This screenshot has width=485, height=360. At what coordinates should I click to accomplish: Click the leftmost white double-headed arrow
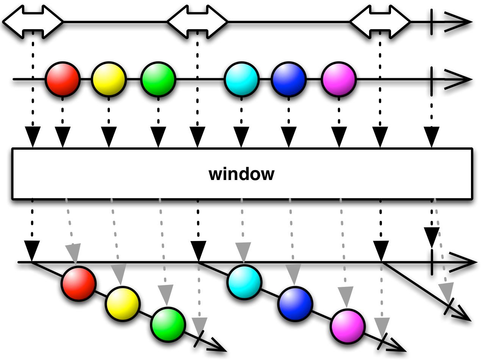[33, 22]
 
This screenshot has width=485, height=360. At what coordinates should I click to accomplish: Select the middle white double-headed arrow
[197, 22]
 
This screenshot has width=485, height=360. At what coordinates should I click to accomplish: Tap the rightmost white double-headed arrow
[380, 22]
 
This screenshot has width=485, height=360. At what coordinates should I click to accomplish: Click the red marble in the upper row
[63, 79]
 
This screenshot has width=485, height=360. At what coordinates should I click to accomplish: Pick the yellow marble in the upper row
[109, 79]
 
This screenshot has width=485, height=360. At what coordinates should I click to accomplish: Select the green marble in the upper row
[158, 79]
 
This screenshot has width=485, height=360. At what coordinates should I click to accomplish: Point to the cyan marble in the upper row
[242, 79]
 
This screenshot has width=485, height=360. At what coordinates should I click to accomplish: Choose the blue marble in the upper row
[289, 79]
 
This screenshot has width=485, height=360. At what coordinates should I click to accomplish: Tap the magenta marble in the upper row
[339, 79]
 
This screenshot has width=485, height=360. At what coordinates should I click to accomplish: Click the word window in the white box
[241, 174]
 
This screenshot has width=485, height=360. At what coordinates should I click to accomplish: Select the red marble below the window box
[78, 283]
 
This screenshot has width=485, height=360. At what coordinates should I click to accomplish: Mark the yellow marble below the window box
[123, 304]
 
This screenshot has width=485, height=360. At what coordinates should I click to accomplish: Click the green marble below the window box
[168, 324]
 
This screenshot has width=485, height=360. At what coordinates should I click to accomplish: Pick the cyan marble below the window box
[244, 282]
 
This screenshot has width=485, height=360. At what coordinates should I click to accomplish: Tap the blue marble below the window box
[295, 304]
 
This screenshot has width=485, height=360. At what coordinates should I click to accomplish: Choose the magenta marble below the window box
[347, 326]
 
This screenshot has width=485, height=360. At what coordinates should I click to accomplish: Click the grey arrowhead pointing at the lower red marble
[74, 253]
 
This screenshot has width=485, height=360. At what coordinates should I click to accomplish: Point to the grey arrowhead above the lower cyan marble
[243, 251]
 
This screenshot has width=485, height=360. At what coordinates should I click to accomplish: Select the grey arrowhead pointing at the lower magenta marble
[346, 296]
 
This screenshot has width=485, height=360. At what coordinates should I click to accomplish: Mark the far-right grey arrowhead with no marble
[446, 292]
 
